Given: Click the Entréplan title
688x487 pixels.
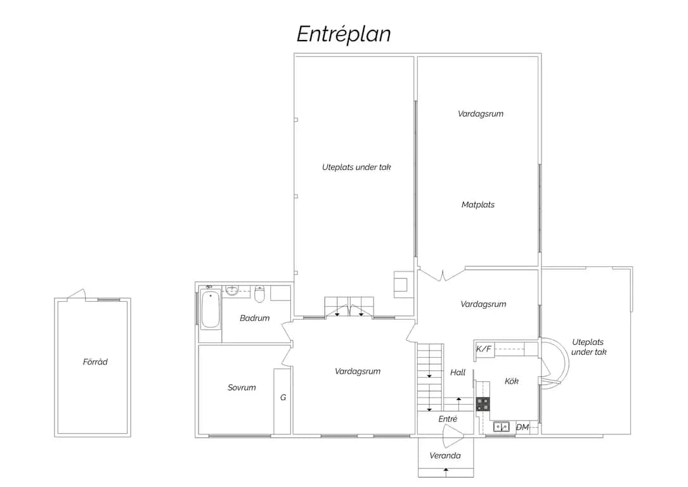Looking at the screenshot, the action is pyautogui.click(x=344, y=34).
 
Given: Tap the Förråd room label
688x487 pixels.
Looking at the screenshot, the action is pyautogui.click(x=95, y=362).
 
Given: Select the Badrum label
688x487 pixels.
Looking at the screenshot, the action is pyautogui.click(x=254, y=318).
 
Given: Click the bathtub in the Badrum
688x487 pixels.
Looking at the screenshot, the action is pyautogui.click(x=211, y=309).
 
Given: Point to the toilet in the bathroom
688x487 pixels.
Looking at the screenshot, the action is pyautogui.click(x=260, y=294).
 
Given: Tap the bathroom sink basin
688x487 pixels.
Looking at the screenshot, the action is pyautogui.click(x=231, y=290).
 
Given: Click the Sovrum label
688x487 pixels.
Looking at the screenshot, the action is pyautogui.click(x=242, y=387).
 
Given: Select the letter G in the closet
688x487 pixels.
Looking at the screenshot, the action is pyautogui.click(x=283, y=398).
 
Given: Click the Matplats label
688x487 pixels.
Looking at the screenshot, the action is pyautogui.click(x=478, y=204).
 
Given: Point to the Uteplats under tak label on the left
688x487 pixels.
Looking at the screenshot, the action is pyautogui.click(x=356, y=167).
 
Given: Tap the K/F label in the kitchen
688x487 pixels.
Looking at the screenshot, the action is pyautogui.click(x=484, y=349).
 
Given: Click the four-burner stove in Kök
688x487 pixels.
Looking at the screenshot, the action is pyautogui.click(x=483, y=404).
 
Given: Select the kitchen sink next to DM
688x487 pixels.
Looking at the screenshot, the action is pyautogui.click(x=501, y=427).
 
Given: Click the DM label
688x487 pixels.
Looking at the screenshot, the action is pyautogui.click(x=522, y=427).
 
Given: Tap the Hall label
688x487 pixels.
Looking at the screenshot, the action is pyautogui.click(x=458, y=372).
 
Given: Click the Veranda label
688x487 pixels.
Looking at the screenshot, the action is pyautogui.click(x=445, y=456).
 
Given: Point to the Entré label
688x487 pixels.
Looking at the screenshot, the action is pyautogui.click(x=448, y=419).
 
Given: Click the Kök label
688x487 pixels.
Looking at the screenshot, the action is pyautogui.click(x=512, y=381).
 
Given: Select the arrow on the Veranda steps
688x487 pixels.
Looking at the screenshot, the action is pyautogui.click(x=446, y=472).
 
